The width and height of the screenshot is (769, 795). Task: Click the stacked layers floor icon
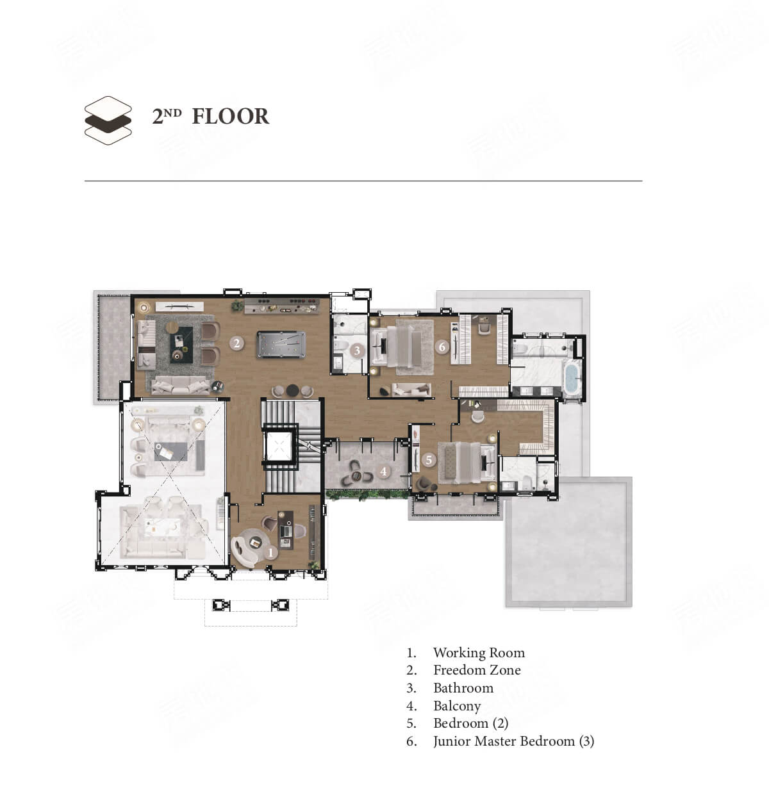tap(108, 120)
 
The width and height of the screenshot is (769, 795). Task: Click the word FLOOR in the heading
tap(231, 117)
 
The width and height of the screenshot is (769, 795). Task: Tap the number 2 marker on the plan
tap(236, 343)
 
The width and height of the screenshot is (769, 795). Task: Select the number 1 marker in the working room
tap(270, 553)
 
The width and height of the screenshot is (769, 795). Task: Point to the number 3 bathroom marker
tap(357, 350)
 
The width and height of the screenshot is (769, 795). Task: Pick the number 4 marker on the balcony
tap(383, 471)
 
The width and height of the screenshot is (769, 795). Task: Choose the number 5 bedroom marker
tap(429, 459)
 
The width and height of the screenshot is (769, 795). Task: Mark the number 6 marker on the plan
tap(442, 347)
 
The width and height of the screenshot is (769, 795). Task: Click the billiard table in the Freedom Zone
tap(281, 345)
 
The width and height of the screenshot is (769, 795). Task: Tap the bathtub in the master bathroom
tap(571, 379)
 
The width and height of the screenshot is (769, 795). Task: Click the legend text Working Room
tap(479, 652)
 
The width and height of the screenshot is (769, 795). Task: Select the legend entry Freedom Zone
tap(477, 670)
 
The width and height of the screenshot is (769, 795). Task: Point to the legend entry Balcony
tap(457, 705)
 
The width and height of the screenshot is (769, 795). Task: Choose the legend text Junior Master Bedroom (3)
tap(513, 741)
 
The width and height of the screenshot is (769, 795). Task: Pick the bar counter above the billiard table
tap(281, 306)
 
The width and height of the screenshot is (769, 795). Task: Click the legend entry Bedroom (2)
tap(471, 723)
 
